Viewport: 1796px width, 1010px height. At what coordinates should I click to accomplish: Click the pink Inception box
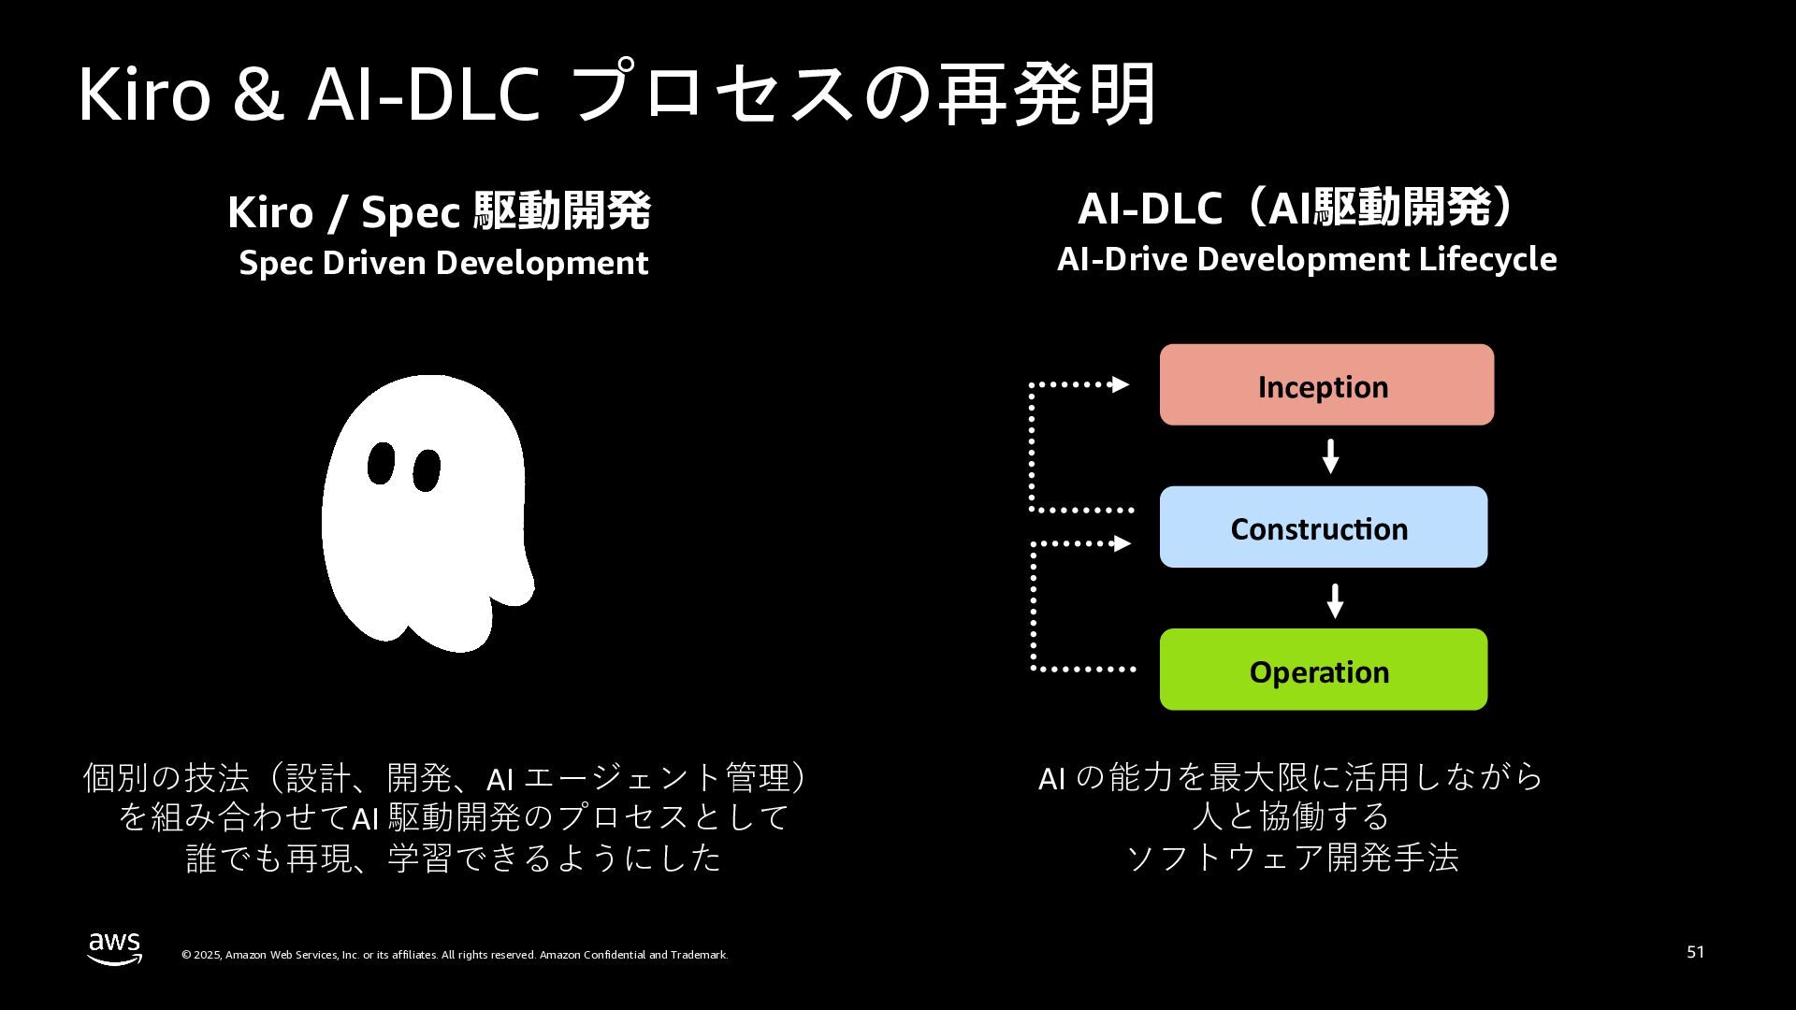pos(1326,385)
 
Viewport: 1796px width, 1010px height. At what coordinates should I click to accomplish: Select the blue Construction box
pos(1323,527)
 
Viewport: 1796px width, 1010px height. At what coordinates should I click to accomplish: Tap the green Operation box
pos(1323,670)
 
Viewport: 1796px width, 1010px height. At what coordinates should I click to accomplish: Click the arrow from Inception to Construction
pos(1330,456)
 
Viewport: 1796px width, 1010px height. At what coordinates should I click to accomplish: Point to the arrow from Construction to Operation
pos(1335,601)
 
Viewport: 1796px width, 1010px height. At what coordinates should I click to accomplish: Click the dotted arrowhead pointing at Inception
pos(1120,384)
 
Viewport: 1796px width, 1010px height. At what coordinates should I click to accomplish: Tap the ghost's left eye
pos(380,464)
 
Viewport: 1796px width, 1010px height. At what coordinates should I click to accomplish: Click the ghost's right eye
pos(427,470)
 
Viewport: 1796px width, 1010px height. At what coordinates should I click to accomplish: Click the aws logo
pos(115,948)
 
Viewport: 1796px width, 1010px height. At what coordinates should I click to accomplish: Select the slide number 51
pos(1695,952)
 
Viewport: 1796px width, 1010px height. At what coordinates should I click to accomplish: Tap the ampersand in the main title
pos(258,96)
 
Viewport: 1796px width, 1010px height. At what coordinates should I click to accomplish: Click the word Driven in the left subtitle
pos(373,263)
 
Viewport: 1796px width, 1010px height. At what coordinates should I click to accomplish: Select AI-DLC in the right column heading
pos(1150,209)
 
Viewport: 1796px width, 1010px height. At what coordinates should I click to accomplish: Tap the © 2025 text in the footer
pos(201,955)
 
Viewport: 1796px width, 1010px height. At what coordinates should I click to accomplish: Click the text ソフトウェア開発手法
pos(1292,858)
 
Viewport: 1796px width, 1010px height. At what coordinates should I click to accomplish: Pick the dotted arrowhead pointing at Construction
pos(1122,543)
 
